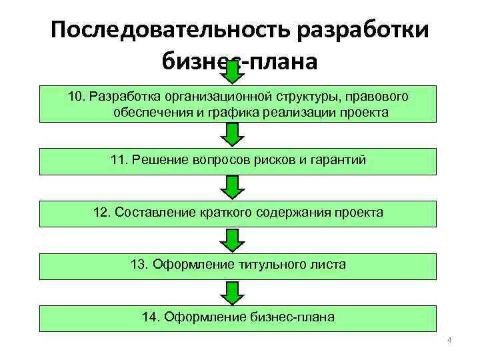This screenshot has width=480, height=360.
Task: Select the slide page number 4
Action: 449,341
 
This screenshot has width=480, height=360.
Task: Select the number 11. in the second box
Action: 119,160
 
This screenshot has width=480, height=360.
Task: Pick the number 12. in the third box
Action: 103,213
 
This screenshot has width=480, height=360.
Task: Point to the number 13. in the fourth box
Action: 140,265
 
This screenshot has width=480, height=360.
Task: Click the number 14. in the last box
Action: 151,317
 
